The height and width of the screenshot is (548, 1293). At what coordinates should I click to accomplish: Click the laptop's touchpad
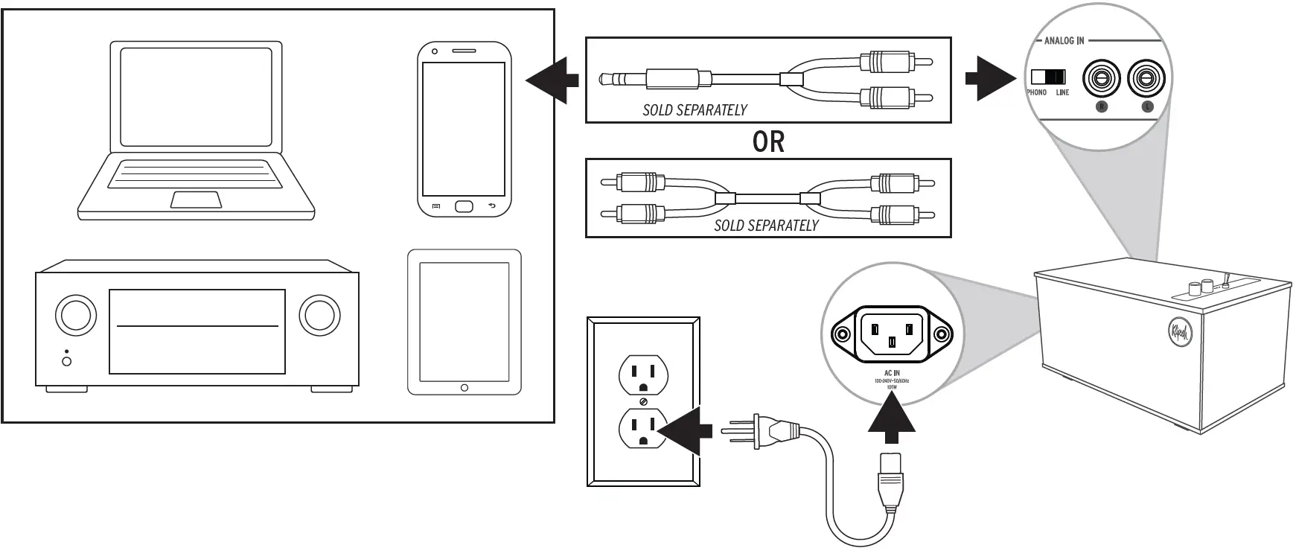tap(196, 200)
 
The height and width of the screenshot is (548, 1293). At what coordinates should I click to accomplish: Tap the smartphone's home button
tap(464, 206)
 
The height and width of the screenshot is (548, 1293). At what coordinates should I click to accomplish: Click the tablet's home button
tap(464, 388)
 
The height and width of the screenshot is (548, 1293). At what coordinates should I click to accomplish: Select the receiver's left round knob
tap(76, 315)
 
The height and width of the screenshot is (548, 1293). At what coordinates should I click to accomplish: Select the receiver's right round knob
tap(319, 315)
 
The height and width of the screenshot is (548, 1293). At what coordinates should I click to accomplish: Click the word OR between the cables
tap(768, 141)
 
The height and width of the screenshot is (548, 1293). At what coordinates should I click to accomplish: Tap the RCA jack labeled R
tap(1101, 78)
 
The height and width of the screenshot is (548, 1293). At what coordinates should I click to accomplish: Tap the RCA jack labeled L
tap(1146, 78)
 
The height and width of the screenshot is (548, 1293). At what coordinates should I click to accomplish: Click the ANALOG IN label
tap(1064, 41)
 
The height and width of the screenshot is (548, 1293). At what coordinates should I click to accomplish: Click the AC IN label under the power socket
tap(892, 373)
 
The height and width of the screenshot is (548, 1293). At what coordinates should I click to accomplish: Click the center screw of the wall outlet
tap(644, 403)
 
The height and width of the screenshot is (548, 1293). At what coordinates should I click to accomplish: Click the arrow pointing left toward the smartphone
tap(552, 80)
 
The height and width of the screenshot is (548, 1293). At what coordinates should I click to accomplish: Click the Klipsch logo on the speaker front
tap(1179, 334)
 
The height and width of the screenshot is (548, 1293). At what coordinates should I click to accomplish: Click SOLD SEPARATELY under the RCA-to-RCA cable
tap(766, 226)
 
